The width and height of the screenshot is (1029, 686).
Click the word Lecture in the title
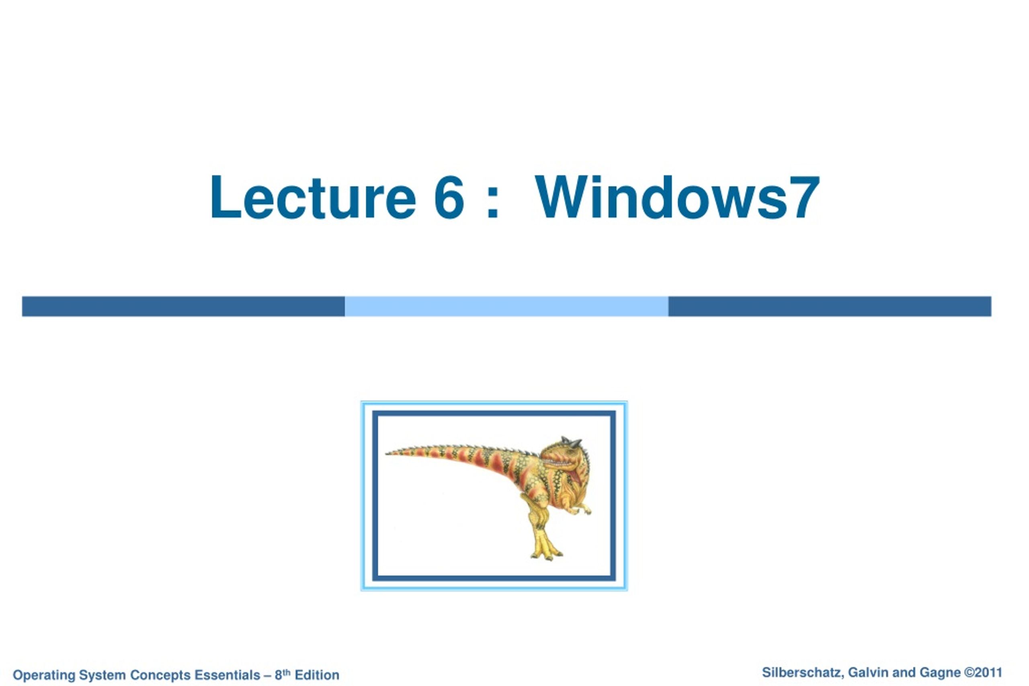point(313,197)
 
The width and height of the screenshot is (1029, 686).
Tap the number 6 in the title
point(449,197)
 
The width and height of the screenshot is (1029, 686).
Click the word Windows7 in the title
point(677,197)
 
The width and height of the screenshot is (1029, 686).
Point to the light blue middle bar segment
point(506,306)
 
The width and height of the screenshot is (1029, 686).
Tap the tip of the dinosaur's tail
point(386,454)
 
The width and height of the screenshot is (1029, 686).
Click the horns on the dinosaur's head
point(571,442)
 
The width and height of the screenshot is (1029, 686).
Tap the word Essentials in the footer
point(227,675)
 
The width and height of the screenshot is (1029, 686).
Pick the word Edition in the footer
point(317,675)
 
